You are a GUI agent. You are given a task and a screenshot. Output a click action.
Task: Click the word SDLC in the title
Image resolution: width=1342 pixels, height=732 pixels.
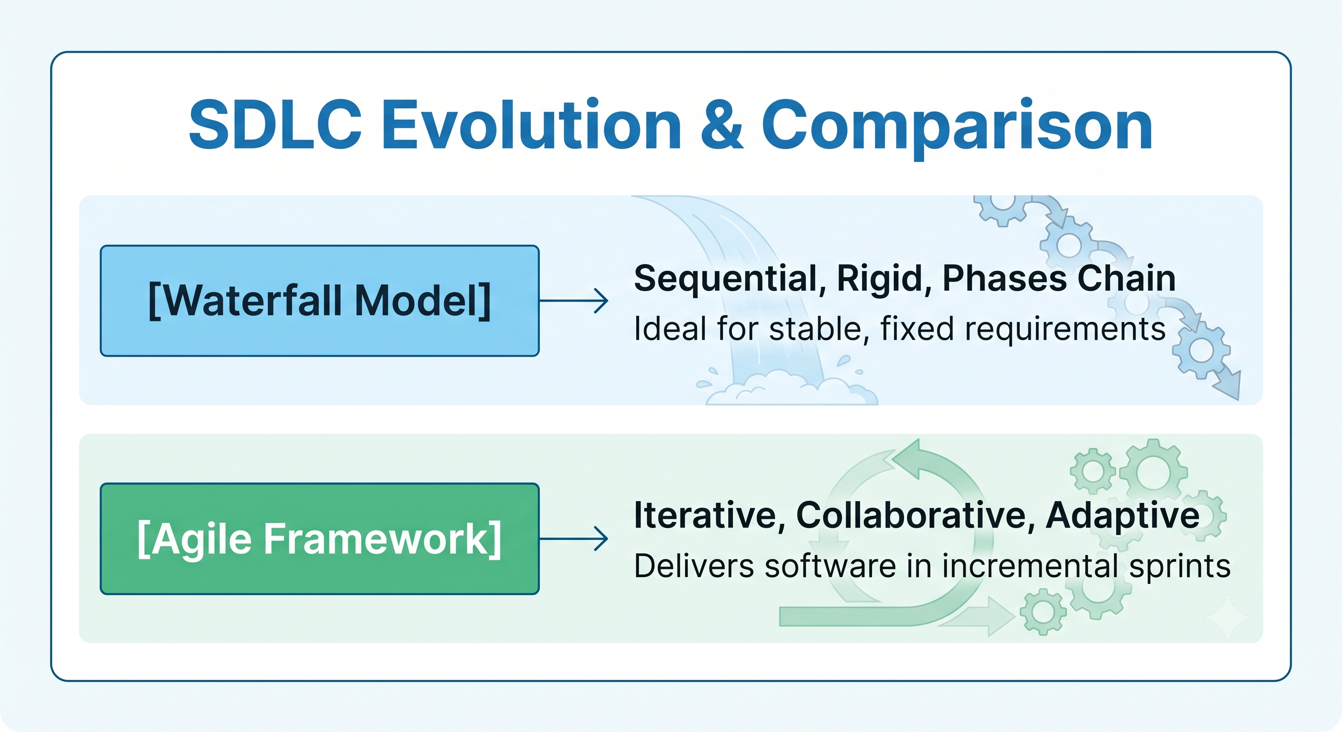point(275,124)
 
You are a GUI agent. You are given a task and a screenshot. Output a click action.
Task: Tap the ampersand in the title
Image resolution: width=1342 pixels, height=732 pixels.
point(722,124)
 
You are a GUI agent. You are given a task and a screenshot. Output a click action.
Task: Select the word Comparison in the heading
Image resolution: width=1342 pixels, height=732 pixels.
point(957,128)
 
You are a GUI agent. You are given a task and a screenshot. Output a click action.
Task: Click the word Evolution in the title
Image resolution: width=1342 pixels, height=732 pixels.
point(531,124)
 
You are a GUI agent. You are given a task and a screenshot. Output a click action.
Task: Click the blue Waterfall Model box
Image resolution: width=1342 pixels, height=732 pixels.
point(319,301)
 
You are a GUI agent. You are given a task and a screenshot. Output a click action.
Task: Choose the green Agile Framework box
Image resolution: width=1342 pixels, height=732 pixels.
point(319,539)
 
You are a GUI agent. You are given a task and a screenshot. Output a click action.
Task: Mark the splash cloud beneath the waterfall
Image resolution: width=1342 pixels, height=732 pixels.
point(792,387)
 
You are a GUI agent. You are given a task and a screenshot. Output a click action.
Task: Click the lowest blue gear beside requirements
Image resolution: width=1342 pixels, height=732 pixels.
point(1202,350)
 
